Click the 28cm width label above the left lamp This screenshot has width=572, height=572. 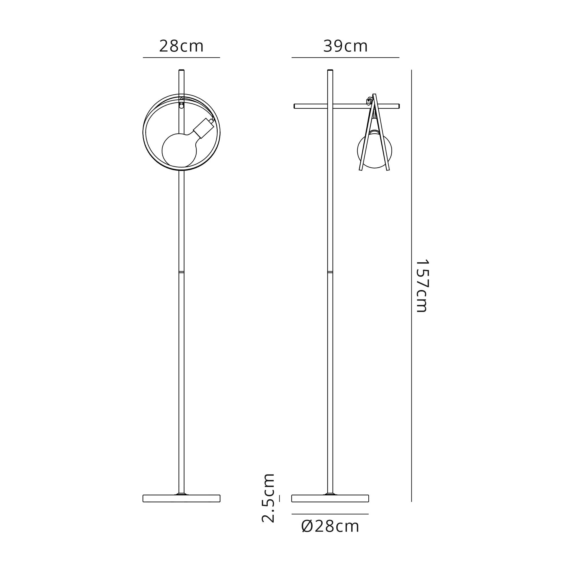point(181,47)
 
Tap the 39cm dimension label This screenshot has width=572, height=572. point(345,47)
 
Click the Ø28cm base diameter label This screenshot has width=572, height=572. point(330,527)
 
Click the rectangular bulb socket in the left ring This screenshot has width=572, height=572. point(203,128)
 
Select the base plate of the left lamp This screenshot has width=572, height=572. point(181,498)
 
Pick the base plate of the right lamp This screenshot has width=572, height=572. point(330,498)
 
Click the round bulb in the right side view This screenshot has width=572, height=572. point(375,151)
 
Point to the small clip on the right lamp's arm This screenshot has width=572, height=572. point(369,101)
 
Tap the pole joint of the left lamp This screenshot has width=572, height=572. point(182,272)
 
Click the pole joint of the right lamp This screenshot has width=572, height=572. point(330,272)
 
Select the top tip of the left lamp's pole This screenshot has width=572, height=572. point(182,70)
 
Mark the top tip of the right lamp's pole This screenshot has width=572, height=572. point(330,70)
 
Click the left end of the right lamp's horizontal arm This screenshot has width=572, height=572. point(295,106)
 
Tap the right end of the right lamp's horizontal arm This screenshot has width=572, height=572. point(398,106)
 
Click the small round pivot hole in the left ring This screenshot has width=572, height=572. point(182,106)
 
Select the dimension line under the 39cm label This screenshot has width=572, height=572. point(345,57)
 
